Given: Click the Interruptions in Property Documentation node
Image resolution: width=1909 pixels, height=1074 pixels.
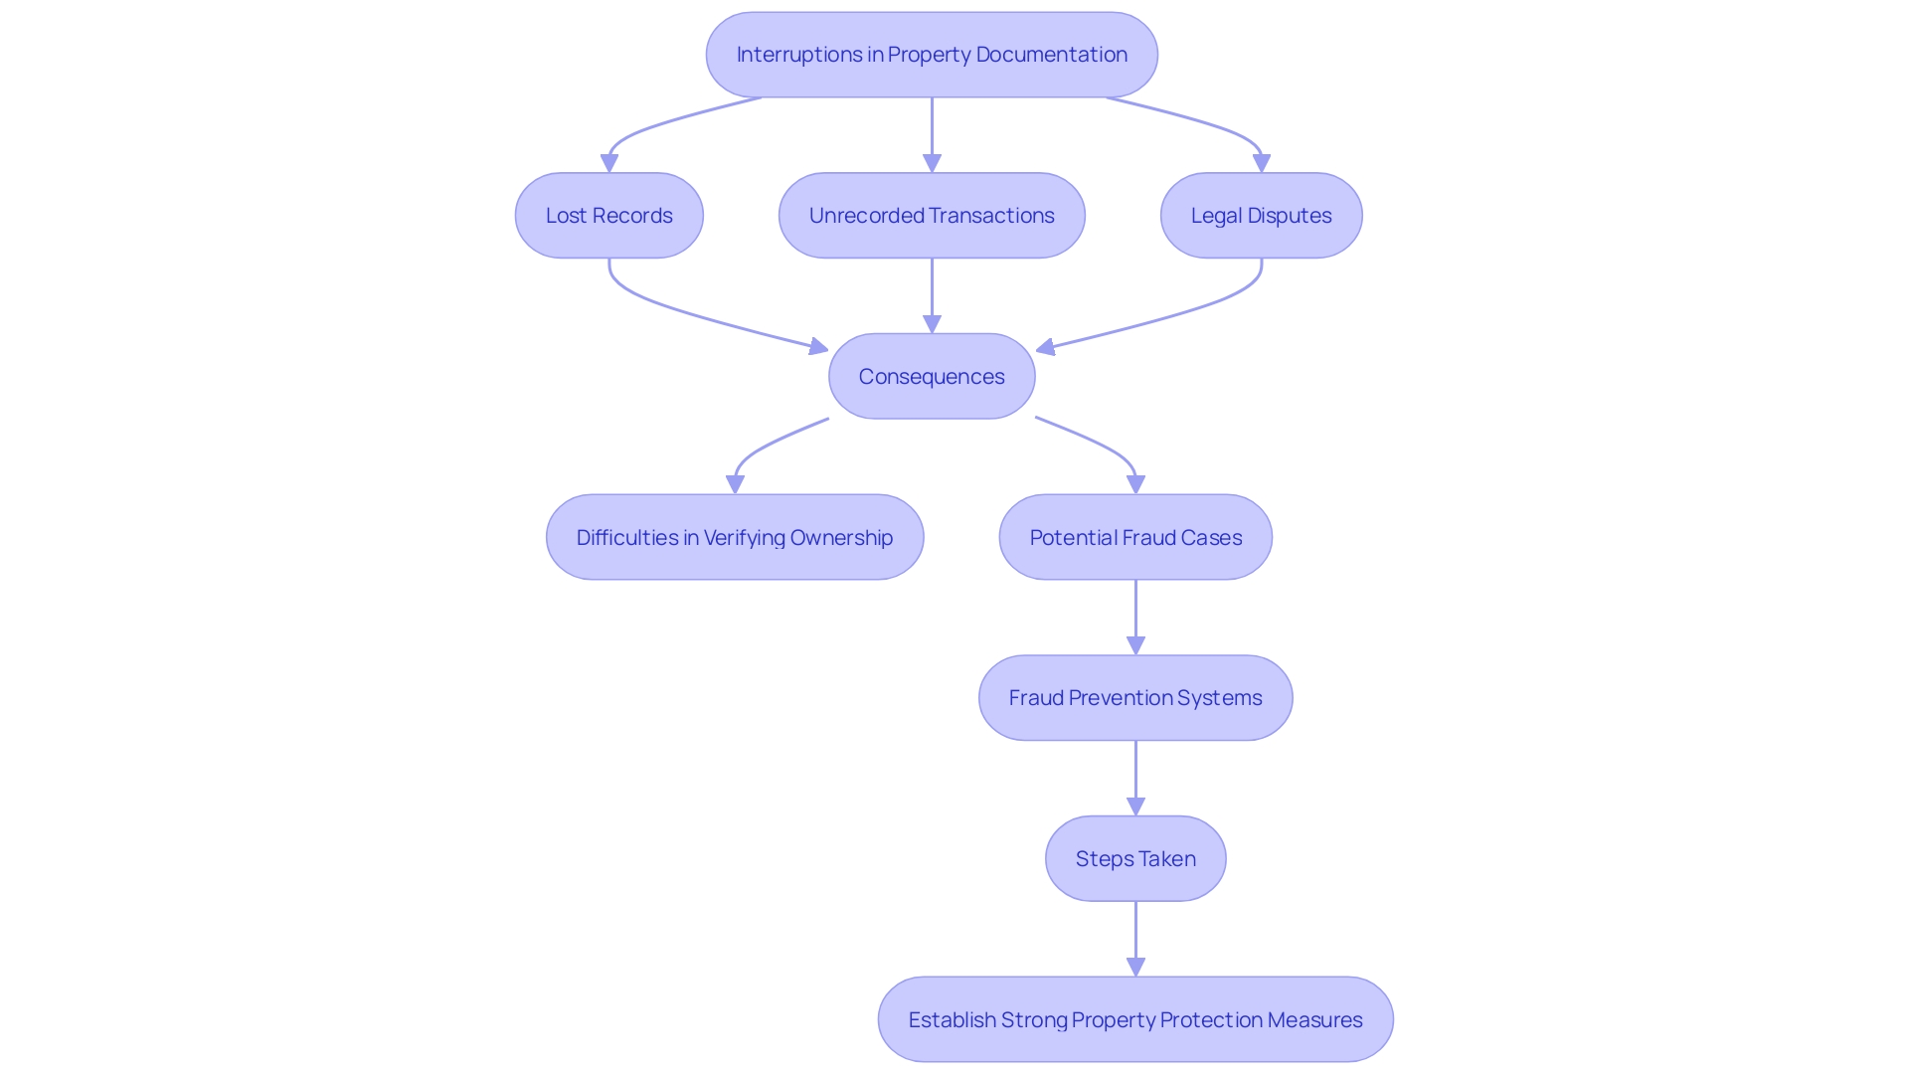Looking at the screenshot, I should coord(932,55).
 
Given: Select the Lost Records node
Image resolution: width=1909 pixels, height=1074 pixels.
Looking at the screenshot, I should coord(608,216).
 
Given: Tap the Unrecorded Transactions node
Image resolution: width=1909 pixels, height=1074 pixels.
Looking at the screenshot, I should coord(932,216).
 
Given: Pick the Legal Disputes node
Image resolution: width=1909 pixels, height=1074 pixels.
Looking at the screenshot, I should coord(1261,216).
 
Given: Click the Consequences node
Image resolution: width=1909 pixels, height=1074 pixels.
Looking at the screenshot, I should coord(932,377).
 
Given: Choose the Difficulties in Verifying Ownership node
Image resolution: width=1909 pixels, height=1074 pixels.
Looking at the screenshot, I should coord(734,538).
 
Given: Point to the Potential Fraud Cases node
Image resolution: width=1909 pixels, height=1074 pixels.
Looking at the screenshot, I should coord(1135,538).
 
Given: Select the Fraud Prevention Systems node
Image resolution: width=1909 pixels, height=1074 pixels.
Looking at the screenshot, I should coord(1135,698).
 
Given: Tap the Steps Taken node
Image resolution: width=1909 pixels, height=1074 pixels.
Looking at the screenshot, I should coord(1135,859).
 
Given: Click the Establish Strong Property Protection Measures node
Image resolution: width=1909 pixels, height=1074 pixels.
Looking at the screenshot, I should coord(1135,1020).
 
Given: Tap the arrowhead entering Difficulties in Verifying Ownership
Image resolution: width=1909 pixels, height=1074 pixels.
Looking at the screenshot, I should coord(735,484).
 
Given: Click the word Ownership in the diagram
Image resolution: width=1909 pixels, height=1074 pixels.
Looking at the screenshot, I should coord(841,538).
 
